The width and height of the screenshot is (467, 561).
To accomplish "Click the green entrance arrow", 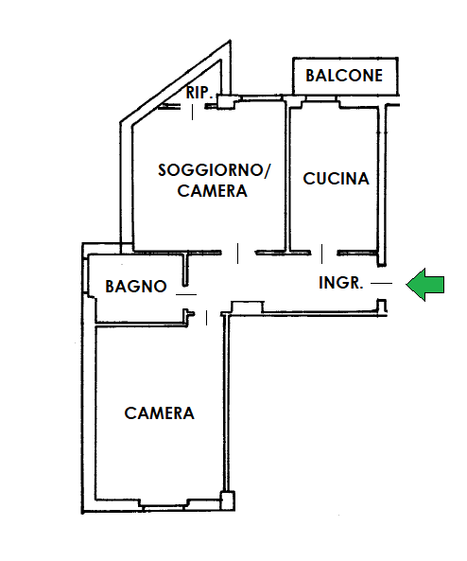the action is [x=425, y=285].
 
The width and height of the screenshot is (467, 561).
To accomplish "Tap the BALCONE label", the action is [x=344, y=76].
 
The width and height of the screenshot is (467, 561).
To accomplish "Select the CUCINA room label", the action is [x=336, y=179].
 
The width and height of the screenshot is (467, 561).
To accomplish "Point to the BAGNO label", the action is [x=136, y=287].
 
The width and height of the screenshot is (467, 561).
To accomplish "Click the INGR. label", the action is [x=340, y=283].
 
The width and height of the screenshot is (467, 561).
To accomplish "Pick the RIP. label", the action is [x=199, y=93].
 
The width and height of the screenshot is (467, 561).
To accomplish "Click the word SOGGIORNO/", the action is [x=215, y=170].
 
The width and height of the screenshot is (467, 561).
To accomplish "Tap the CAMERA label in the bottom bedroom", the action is [x=159, y=413].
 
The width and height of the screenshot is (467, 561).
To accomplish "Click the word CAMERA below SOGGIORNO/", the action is [x=212, y=191].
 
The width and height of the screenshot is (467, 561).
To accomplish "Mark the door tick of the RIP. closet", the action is [x=193, y=112].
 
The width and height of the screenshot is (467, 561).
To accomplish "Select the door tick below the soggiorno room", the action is [x=238, y=254].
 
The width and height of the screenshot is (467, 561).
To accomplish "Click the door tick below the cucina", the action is [x=321, y=254].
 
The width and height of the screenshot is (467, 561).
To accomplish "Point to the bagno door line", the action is [x=186, y=294].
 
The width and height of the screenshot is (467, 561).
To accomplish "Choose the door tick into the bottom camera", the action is [x=206, y=318].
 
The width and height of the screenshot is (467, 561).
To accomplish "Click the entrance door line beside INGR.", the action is [x=381, y=283].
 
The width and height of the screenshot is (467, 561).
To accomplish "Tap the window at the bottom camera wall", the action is [x=163, y=505].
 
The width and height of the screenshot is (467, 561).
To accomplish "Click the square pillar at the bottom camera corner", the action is [x=228, y=500].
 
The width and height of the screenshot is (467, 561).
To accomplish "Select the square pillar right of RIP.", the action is [x=226, y=101].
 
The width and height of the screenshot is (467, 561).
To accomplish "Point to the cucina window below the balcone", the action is [x=320, y=101].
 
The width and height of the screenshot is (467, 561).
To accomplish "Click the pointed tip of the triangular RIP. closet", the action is [x=230, y=41].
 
